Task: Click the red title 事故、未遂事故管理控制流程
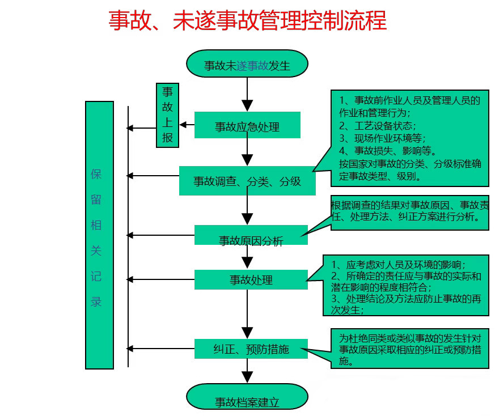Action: (x=247, y=20)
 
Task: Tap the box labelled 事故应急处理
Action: (x=247, y=125)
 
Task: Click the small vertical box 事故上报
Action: (x=168, y=115)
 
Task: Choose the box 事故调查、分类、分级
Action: (x=247, y=181)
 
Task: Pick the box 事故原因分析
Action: (x=251, y=236)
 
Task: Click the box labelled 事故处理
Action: (x=251, y=279)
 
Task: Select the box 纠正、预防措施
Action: (x=251, y=349)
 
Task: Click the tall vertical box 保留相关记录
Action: (x=99, y=235)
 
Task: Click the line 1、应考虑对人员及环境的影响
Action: (x=399, y=264)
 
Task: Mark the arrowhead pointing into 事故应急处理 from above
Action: (x=247, y=105)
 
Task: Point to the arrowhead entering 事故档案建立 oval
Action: (x=247, y=377)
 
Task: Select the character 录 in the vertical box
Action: (x=96, y=302)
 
